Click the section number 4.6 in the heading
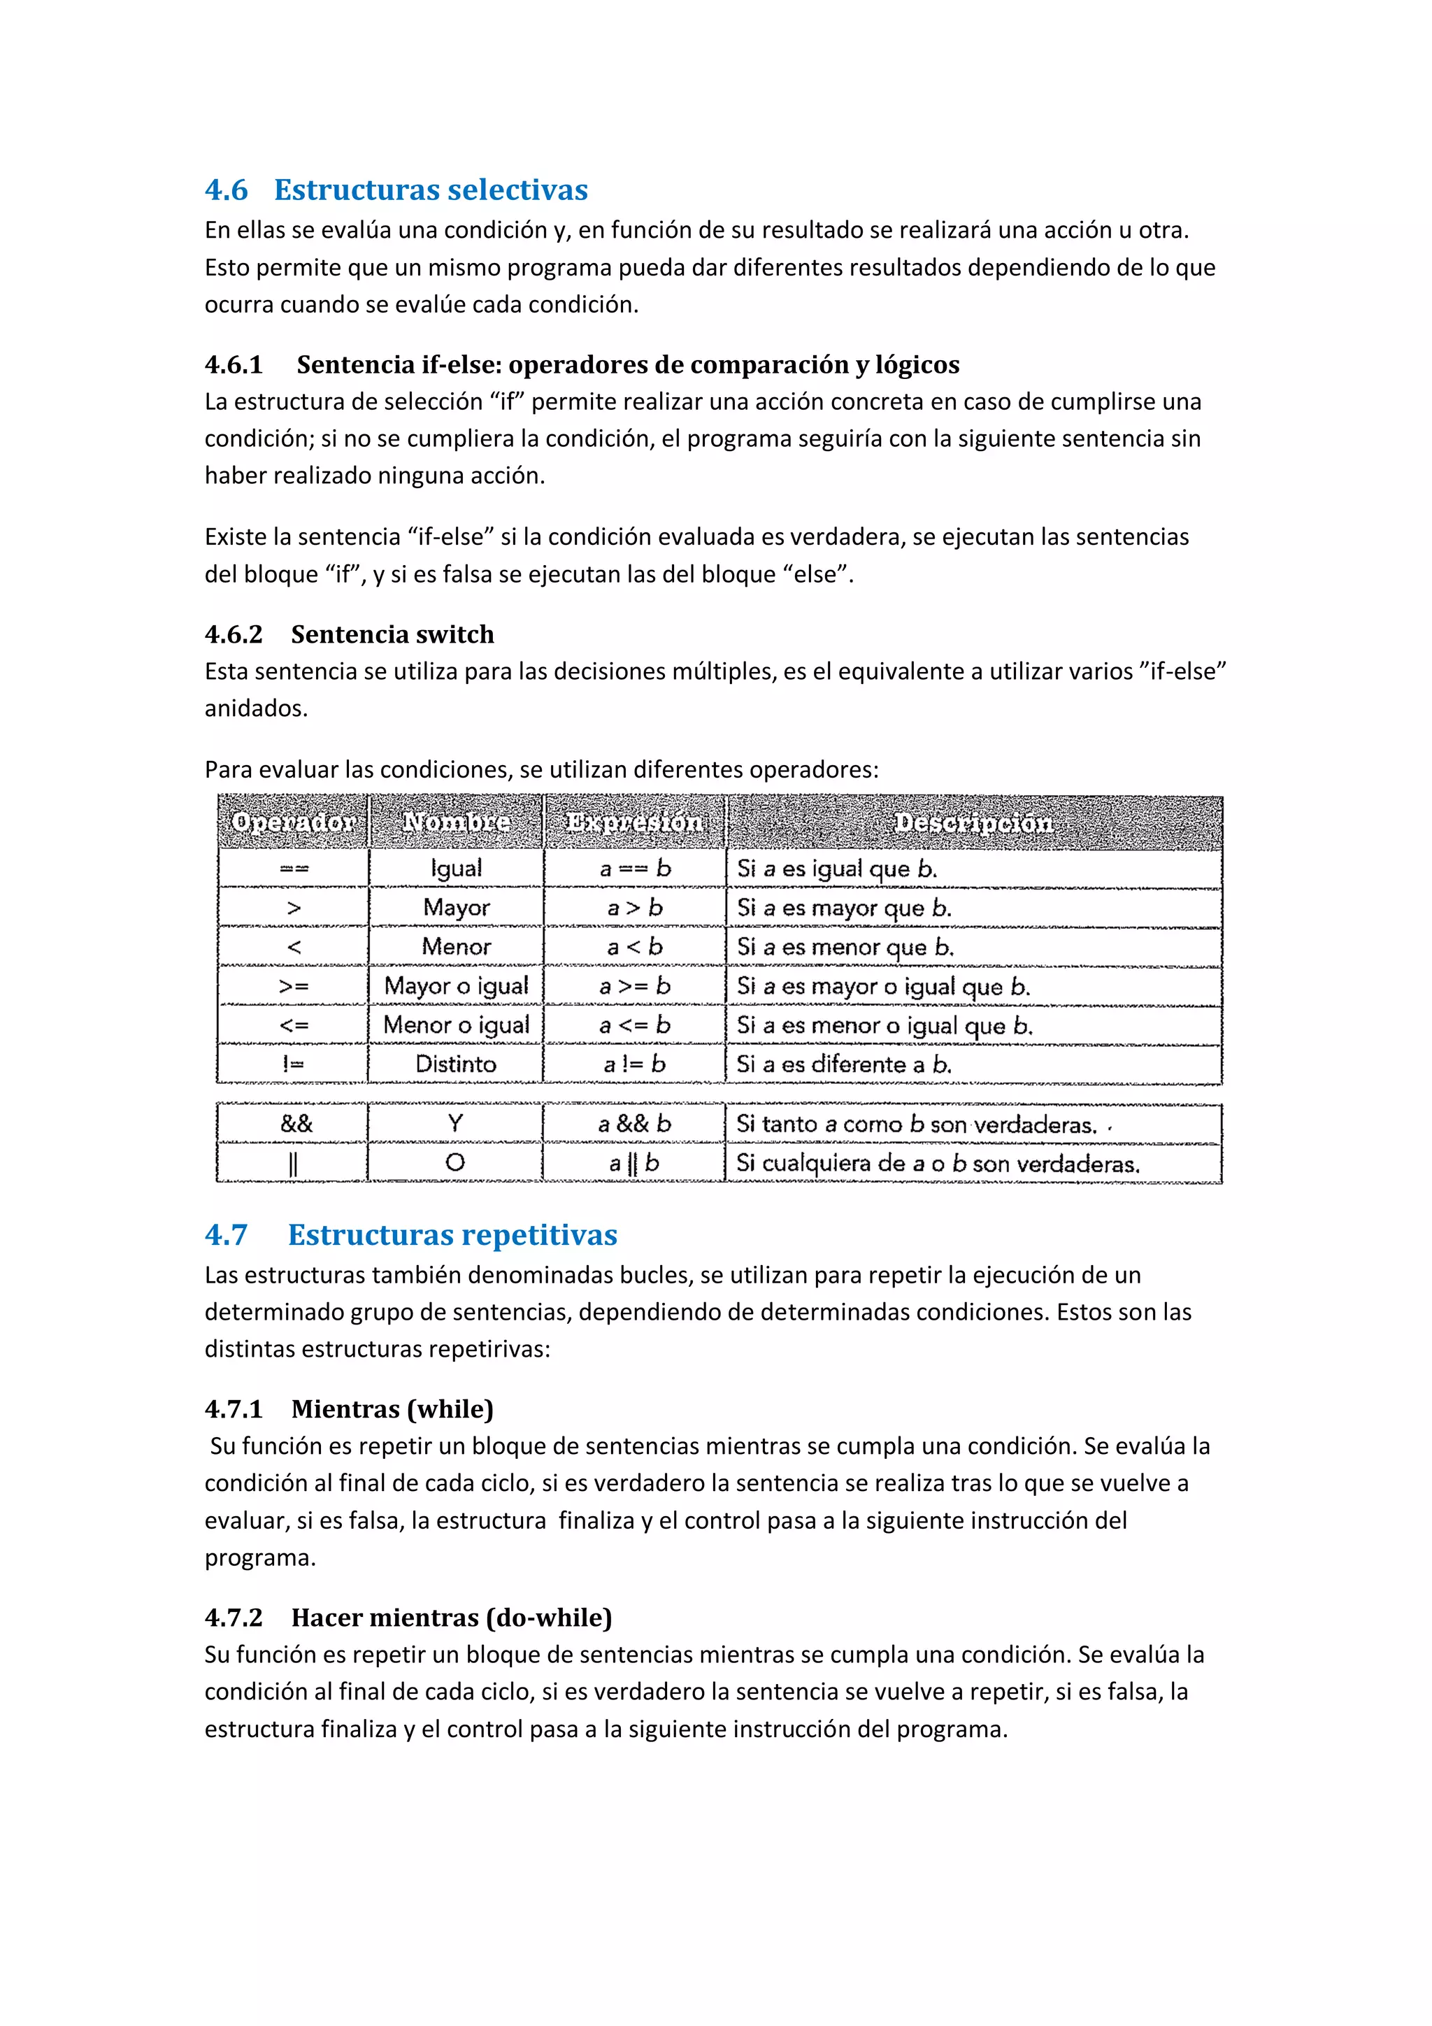click(226, 190)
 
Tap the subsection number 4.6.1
click(234, 364)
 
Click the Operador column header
click(293, 822)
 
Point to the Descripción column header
click(973, 822)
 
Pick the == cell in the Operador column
click(294, 869)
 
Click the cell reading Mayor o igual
click(456, 985)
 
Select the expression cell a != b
click(633, 1064)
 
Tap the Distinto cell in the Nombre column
click(455, 1064)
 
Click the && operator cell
click(296, 1124)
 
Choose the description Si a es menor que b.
click(845, 947)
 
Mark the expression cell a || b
click(633, 1163)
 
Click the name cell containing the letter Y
click(455, 1123)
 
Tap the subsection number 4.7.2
click(234, 1618)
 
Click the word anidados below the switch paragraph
click(255, 708)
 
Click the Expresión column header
click(633, 822)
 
